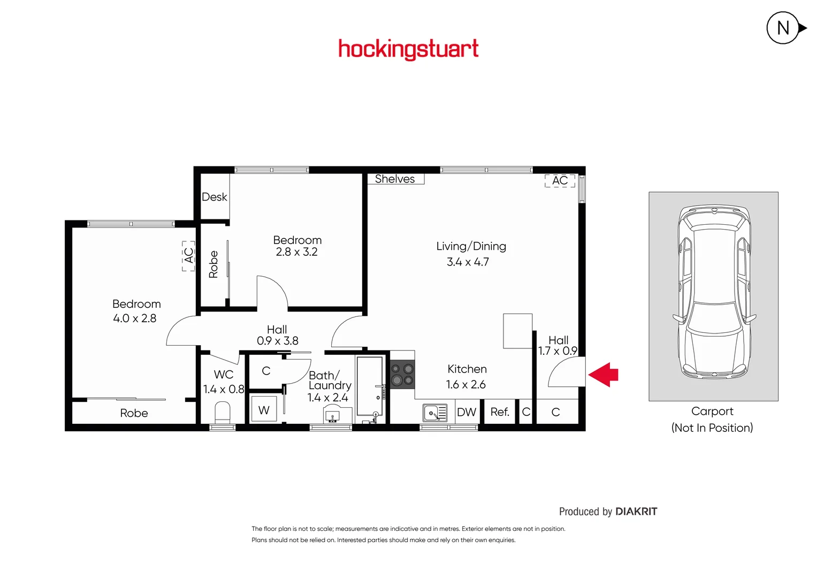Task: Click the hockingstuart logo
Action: click(x=408, y=49)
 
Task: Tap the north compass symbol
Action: click(x=784, y=28)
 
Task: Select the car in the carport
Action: click(x=713, y=292)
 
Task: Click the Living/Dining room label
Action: click(x=471, y=246)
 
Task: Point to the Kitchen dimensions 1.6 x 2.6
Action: click(x=465, y=384)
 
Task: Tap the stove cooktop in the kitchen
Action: click(x=402, y=375)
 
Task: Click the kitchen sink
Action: click(x=435, y=413)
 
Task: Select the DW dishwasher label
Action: click(x=467, y=412)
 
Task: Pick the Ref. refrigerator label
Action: click(x=500, y=412)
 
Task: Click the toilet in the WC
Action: click(x=222, y=413)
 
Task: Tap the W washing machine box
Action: click(x=264, y=410)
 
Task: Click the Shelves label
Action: click(x=395, y=179)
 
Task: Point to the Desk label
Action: click(x=215, y=197)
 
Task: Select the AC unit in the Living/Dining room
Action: click(x=560, y=181)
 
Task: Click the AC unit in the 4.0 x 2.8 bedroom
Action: click(x=188, y=256)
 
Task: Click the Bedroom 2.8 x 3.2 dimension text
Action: click(x=296, y=252)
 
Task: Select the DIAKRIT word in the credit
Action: click(x=636, y=512)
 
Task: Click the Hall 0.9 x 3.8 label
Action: click(x=277, y=335)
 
